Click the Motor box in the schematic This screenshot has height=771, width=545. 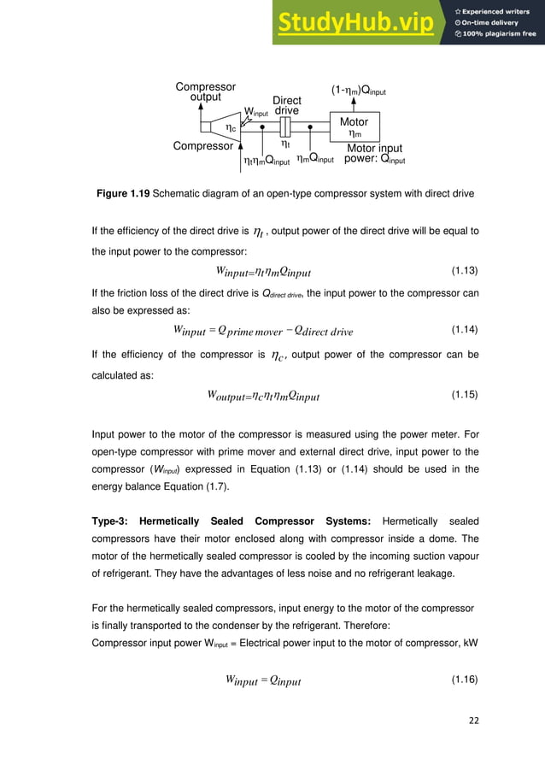click(x=354, y=127)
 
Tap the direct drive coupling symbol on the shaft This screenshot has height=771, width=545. click(x=286, y=127)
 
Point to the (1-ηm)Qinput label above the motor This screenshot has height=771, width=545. click(x=359, y=90)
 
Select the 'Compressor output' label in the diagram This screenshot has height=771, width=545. click(x=205, y=92)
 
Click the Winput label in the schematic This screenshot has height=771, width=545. click(x=256, y=112)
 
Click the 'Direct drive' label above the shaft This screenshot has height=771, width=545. click(x=287, y=106)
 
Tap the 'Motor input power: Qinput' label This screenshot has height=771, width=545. click(x=375, y=154)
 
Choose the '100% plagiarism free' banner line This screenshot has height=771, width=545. click(x=495, y=34)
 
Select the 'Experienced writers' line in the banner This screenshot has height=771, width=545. click(x=495, y=10)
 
